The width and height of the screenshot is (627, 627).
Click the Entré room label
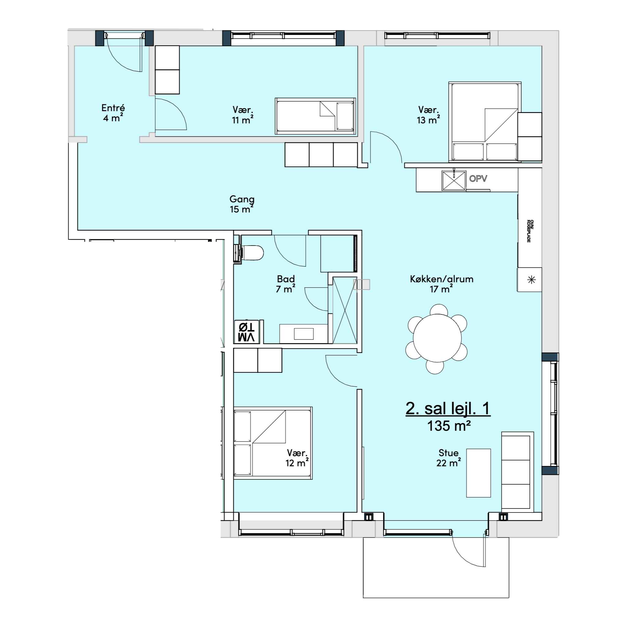(113, 112)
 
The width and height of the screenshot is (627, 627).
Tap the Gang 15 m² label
(242, 204)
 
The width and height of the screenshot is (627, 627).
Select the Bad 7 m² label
(286, 283)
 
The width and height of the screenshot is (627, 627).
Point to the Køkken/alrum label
(442, 279)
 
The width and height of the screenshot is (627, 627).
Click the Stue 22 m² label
(449, 458)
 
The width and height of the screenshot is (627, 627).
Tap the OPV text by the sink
(478, 178)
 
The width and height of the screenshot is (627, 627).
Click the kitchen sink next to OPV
(454, 180)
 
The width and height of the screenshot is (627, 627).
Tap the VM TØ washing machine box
(247, 332)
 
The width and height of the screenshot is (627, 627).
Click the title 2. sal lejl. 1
(448, 408)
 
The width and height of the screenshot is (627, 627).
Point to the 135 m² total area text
(449, 426)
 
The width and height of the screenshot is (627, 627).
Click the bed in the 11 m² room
(315, 116)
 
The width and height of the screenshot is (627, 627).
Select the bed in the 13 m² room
(485, 122)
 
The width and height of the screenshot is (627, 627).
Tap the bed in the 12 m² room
(272, 443)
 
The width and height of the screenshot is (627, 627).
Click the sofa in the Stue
(518, 472)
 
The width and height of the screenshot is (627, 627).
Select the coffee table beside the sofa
(479, 473)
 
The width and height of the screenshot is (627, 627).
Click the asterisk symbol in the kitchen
(531, 280)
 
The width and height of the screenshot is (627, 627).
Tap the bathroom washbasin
(303, 334)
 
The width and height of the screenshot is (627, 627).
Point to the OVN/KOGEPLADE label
(529, 231)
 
